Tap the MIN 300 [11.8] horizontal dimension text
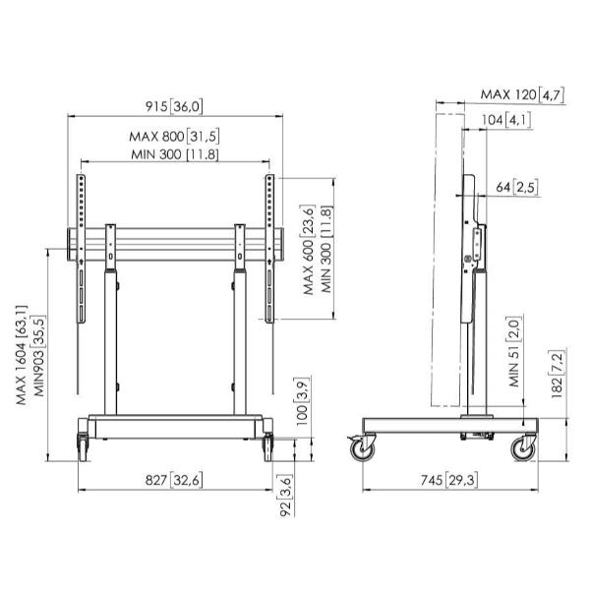(x=175, y=154)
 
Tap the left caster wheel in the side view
(x=363, y=449)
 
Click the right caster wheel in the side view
(x=523, y=449)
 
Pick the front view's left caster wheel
(x=83, y=447)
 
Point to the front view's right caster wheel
(x=267, y=447)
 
